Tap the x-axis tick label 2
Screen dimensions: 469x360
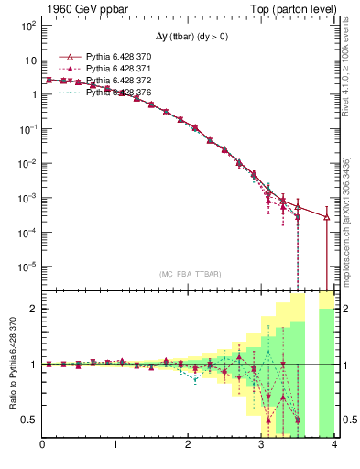(x=189, y=446)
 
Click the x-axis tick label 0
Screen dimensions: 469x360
(x=43, y=446)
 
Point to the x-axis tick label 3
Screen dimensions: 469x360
(x=262, y=446)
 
